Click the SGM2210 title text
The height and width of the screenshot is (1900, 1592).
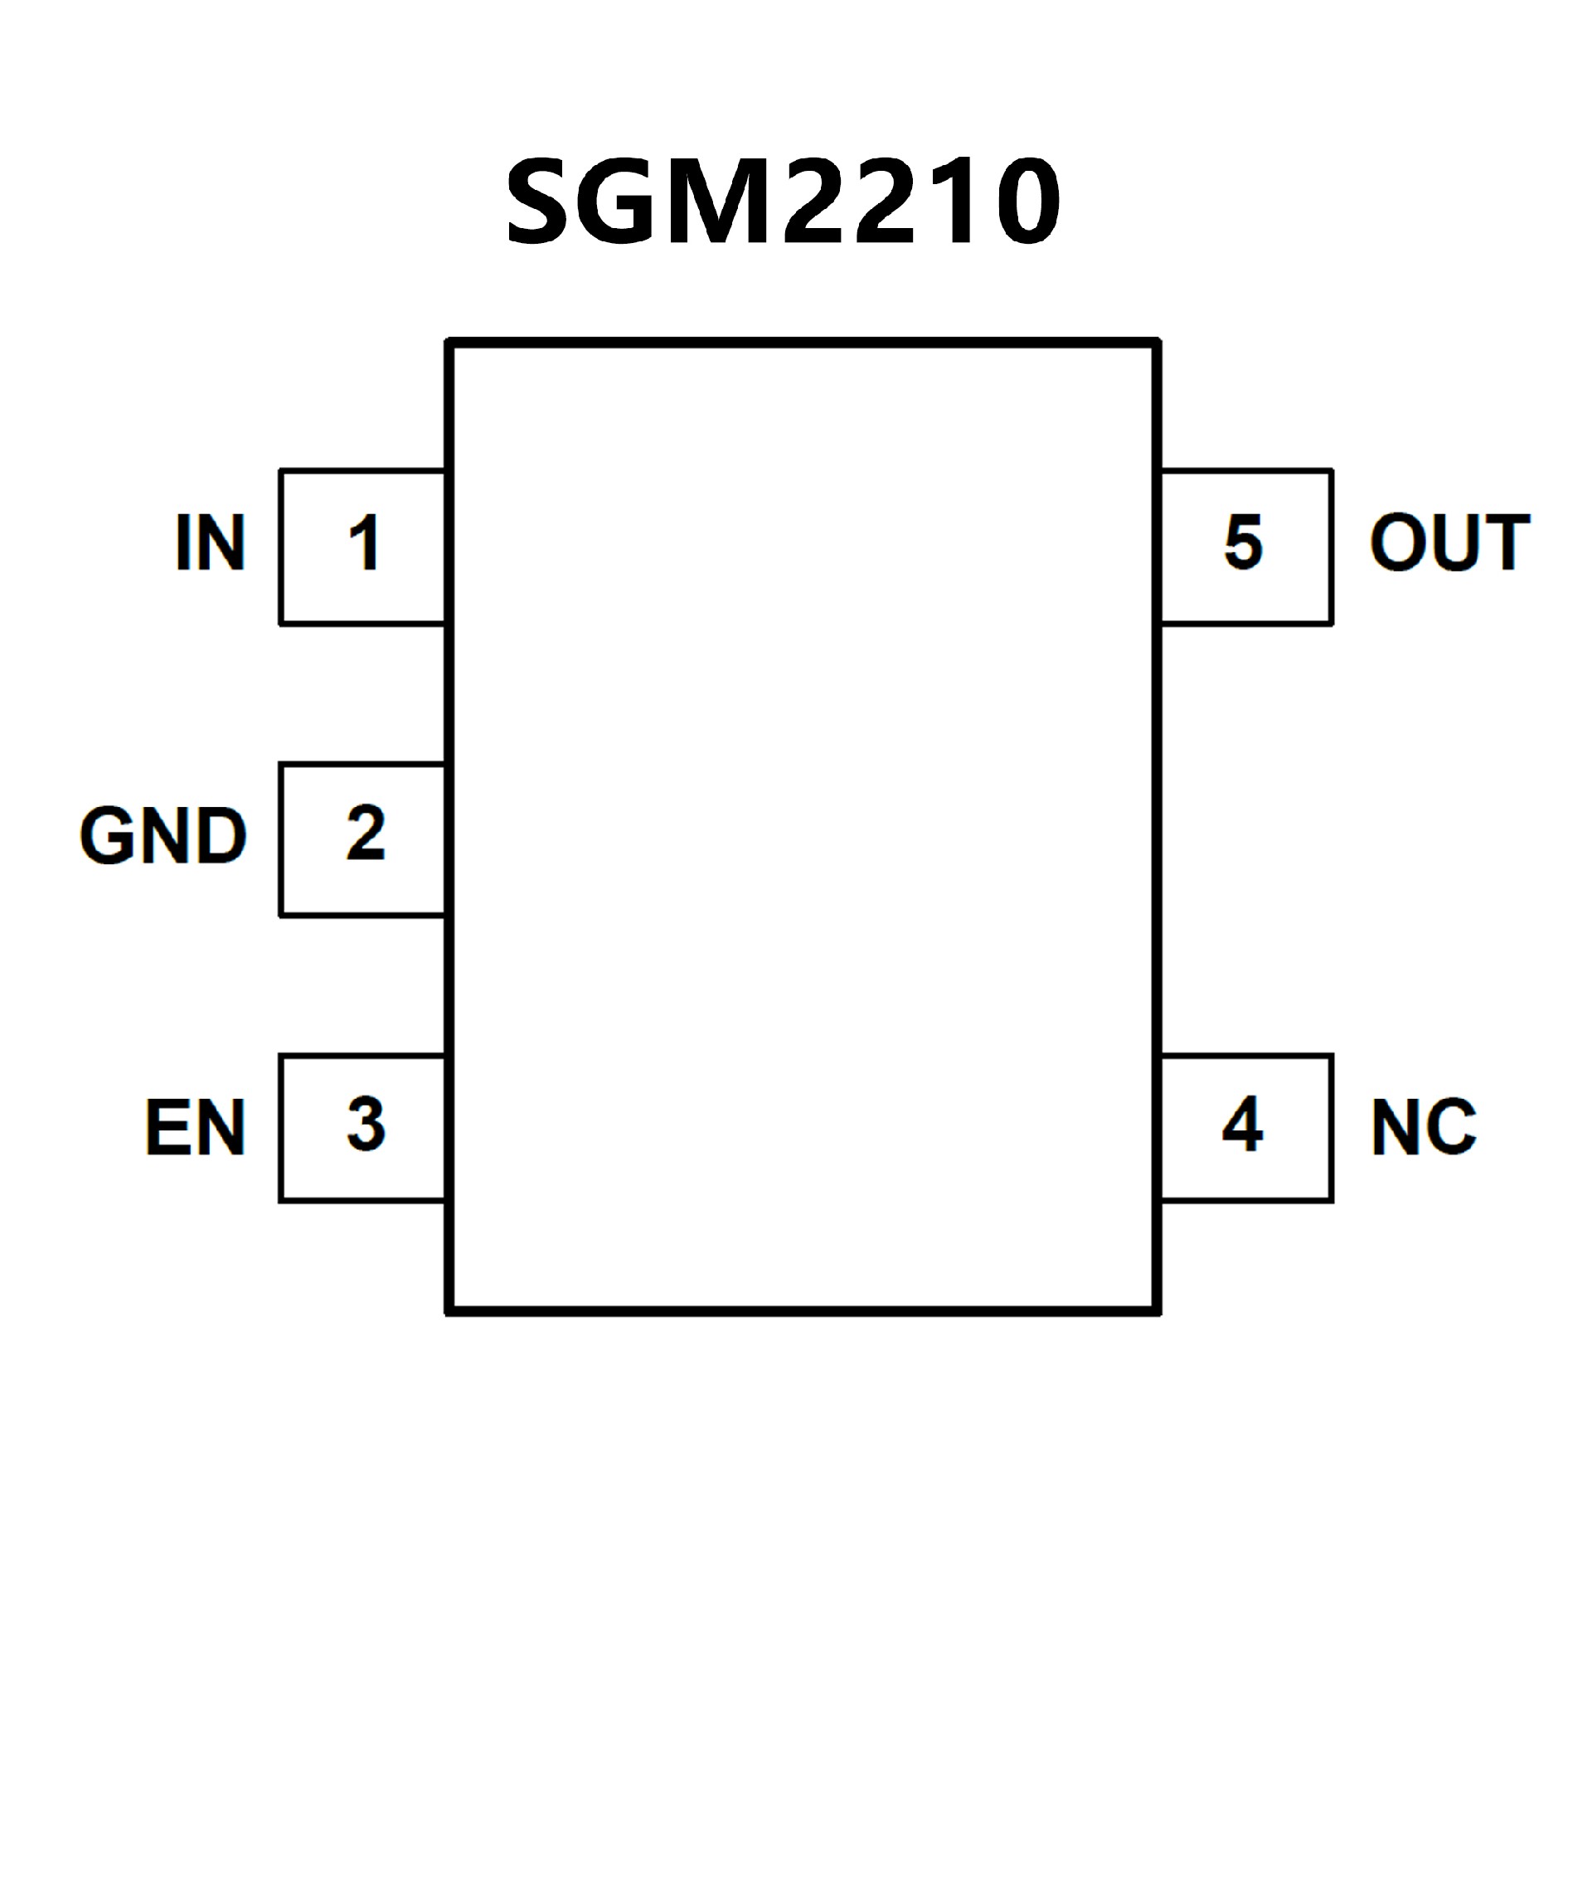pyautogui.click(x=784, y=200)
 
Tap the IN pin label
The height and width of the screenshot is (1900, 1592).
pyautogui.click(x=210, y=543)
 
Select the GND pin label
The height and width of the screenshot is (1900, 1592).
pyautogui.click(x=163, y=835)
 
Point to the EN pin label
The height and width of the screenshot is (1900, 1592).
pyautogui.click(x=196, y=1126)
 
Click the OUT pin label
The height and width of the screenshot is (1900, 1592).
pyautogui.click(x=1449, y=543)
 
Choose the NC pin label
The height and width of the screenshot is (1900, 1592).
pyautogui.click(x=1424, y=1126)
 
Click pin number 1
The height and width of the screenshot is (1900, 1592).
pyautogui.click(x=365, y=543)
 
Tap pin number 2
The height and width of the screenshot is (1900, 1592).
pyautogui.click(x=366, y=833)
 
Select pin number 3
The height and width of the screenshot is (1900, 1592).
pyautogui.click(x=366, y=1125)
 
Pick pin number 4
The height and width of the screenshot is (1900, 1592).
pyautogui.click(x=1242, y=1125)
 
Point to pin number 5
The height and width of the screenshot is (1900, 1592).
pyautogui.click(x=1243, y=543)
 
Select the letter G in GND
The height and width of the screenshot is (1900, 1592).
pyautogui.click(x=107, y=835)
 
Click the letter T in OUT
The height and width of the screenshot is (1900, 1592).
pyautogui.click(x=1503, y=543)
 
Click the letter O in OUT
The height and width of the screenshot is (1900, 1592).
pyautogui.click(x=1397, y=543)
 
